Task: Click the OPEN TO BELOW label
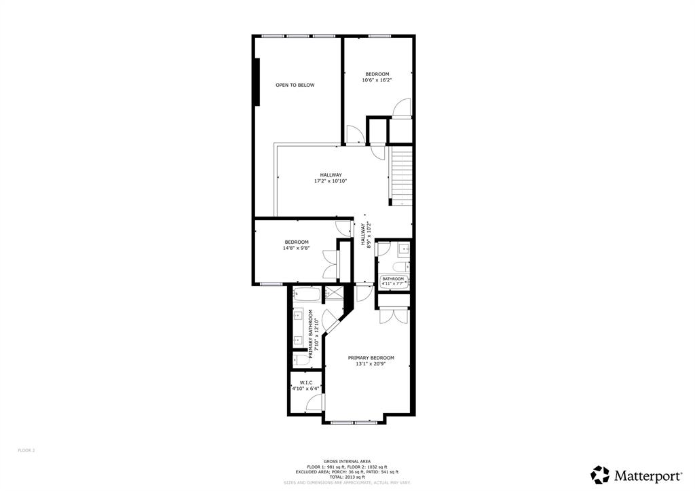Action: tap(295, 85)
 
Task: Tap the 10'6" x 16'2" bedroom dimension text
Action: tap(377, 80)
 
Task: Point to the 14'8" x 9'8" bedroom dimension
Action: tap(297, 249)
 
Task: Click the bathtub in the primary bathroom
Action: tap(309, 295)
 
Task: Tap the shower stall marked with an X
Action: tap(334, 295)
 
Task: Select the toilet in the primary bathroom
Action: tap(299, 359)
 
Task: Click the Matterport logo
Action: tap(636, 474)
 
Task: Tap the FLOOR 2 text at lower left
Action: tap(26, 450)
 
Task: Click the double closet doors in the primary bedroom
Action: tap(394, 316)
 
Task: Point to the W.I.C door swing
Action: tap(314, 403)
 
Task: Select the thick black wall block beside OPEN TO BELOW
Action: tap(257, 81)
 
